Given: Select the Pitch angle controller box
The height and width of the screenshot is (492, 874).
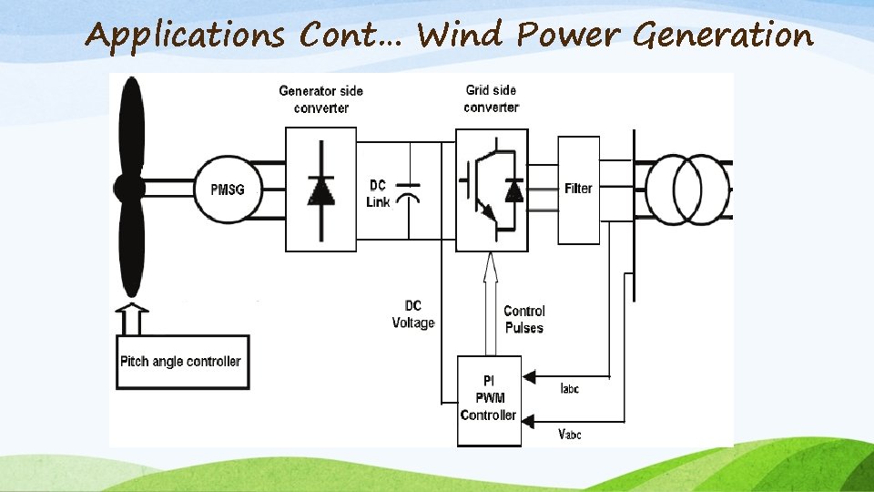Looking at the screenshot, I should coord(180,362).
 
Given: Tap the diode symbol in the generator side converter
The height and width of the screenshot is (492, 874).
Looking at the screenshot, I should coord(320,189).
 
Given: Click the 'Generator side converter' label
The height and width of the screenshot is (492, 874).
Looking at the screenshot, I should coord(320,99).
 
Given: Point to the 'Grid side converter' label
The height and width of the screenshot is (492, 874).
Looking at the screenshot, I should coord(491,98).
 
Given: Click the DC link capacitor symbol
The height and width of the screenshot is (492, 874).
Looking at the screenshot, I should coord(411,192).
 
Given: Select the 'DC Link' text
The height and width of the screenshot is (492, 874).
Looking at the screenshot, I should coord(378,193).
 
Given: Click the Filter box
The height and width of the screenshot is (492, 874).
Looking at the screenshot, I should coord(578,190).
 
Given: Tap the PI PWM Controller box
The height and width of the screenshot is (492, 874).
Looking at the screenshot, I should coord(488,398).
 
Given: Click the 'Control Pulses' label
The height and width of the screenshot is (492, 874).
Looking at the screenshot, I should coord(523,319).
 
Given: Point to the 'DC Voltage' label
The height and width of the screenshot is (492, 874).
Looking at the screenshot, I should coord(412,314).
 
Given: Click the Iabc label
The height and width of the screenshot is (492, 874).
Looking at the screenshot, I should coord(569,389).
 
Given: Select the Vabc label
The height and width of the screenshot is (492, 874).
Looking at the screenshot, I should coord(570,435).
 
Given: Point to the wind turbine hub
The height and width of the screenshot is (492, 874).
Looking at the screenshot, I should coord(129,190).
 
